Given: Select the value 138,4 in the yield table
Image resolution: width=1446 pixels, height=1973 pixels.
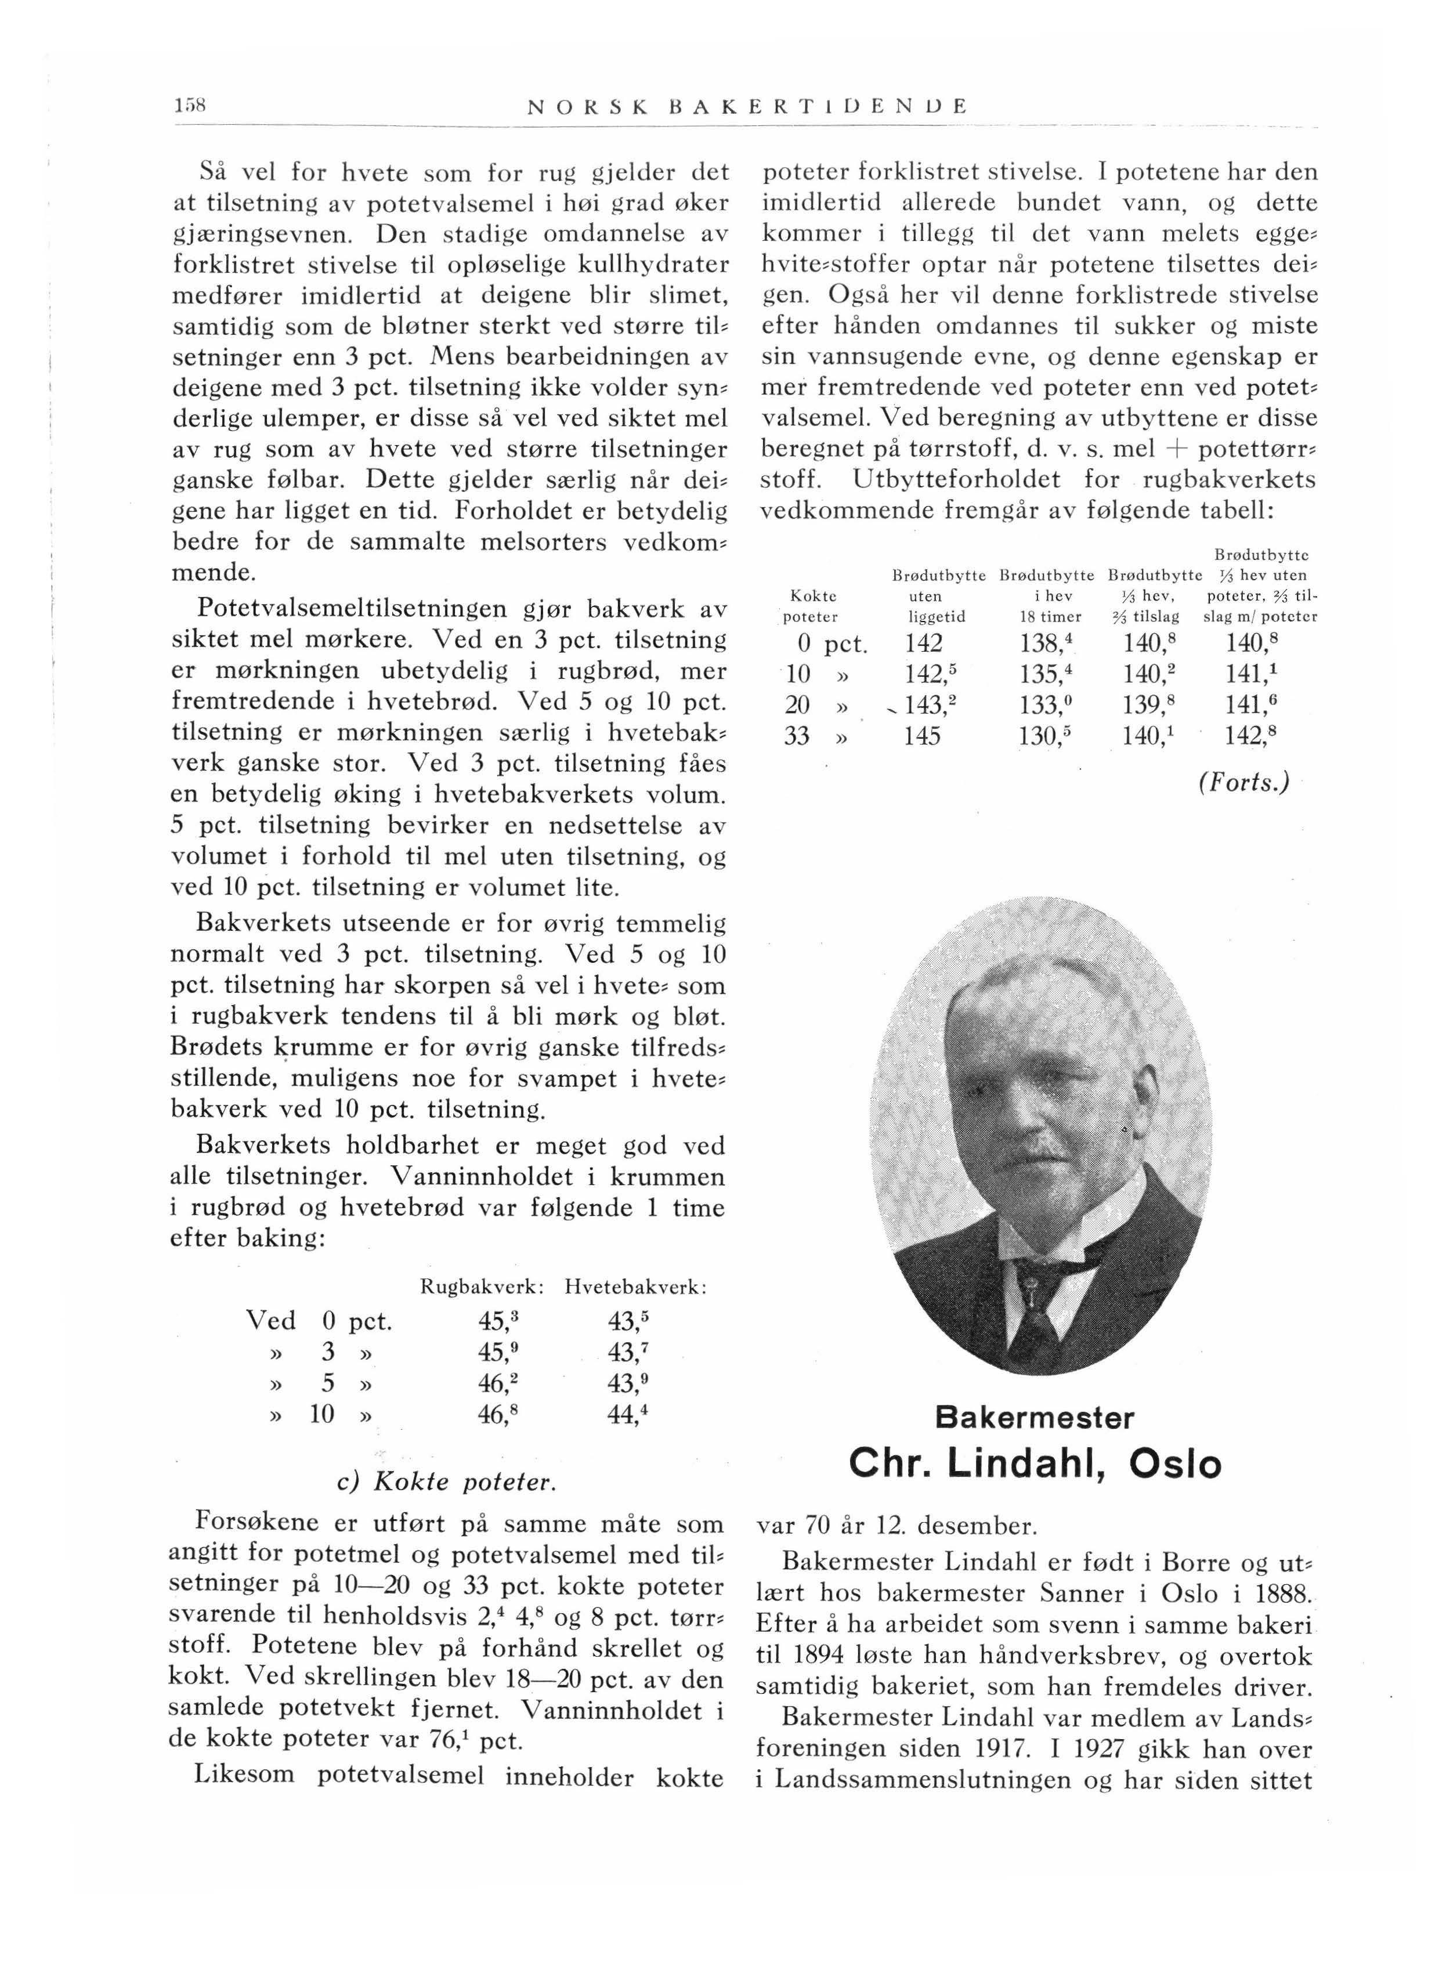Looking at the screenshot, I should (x=1047, y=644).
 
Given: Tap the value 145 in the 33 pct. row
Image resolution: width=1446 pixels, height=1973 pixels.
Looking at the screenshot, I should (x=923, y=736).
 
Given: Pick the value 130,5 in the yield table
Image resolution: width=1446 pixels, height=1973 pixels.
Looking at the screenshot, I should (x=1047, y=736).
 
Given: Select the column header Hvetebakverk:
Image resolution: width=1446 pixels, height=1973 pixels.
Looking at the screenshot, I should (x=635, y=1288).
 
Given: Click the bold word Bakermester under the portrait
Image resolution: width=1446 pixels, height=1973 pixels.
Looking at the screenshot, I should (x=1035, y=1417).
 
